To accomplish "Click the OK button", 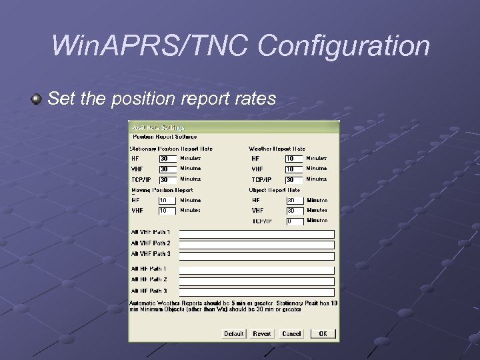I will (323, 333).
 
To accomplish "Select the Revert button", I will (262, 333).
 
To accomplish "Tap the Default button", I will (233, 333).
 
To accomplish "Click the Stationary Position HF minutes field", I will (167, 159).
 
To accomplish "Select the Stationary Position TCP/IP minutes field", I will (167, 179).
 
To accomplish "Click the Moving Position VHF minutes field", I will (167, 211).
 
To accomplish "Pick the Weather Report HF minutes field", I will (294, 159).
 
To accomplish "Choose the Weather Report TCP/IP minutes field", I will (294, 179).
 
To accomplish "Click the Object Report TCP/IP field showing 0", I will (294, 221).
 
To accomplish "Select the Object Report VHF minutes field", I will (294, 211).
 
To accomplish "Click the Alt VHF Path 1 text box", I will (257, 234).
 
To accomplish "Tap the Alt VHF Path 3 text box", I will (257, 255).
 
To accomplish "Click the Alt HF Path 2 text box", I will (257, 281).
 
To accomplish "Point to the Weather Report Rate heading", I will (277, 149).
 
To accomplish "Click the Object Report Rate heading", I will (274, 190).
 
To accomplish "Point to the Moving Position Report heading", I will (162, 190).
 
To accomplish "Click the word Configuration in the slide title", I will (344, 46).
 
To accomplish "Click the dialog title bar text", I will (158, 127).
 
